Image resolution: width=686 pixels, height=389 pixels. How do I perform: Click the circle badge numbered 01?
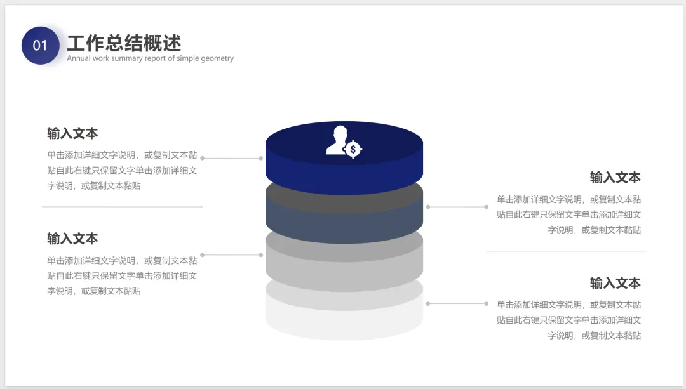point(40,45)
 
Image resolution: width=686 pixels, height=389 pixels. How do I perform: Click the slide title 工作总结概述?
point(124,43)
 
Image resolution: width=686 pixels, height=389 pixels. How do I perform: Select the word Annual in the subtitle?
point(79,58)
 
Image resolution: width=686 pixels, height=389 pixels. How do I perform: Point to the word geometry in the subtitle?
point(217,58)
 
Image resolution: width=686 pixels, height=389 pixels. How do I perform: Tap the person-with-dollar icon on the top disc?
point(339,140)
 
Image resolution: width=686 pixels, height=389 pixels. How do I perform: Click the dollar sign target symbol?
point(353,150)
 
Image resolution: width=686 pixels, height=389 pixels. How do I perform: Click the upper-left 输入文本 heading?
point(72,134)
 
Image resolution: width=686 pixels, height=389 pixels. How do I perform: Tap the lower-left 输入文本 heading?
point(72,239)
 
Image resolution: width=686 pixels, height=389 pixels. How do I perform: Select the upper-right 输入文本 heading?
point(615,178)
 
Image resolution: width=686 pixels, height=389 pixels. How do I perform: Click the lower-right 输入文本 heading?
point(615,283)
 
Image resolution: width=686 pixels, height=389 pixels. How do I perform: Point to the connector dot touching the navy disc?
point(261,158)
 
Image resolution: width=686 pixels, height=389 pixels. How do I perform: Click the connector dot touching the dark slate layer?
point(427,207)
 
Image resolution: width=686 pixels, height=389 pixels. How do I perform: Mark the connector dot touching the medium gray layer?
point(261,255)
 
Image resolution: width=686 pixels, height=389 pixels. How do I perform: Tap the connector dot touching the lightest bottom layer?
point(427,304)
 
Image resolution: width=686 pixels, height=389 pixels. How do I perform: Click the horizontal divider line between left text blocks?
point(122,207)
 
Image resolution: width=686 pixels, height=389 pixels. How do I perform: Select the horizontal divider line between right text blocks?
point(565,251)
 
